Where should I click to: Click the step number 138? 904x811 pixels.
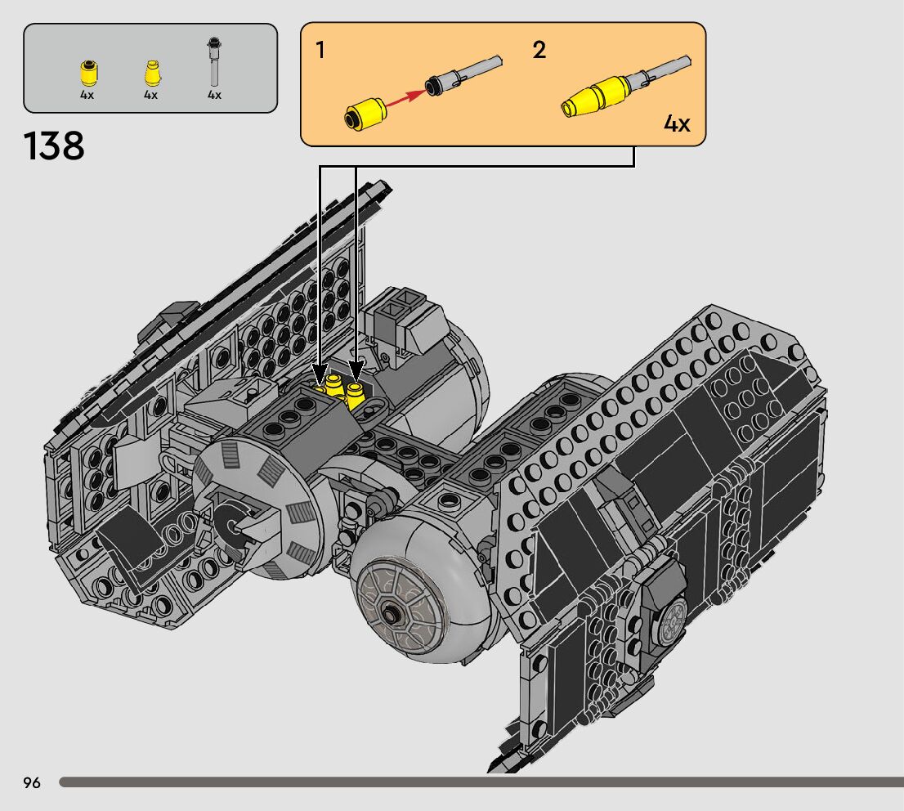click(x=54, y=146)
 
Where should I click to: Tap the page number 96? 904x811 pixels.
click(x=32, y=782)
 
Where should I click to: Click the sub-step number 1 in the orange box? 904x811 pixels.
click(x=320, y=50)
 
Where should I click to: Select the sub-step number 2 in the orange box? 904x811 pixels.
click(x=539, y=50)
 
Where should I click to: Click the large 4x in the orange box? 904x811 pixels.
click(x=677, y=123)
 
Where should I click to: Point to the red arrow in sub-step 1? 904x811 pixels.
click(x=406, y=99)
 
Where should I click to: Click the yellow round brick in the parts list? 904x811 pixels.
click(x=88, y=73)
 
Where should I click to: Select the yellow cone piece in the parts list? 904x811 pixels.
click(x=152, y=73)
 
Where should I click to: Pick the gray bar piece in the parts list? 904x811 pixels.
click(x=214, y=61)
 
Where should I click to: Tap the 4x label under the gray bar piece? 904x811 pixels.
click(x=214, y=95)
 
